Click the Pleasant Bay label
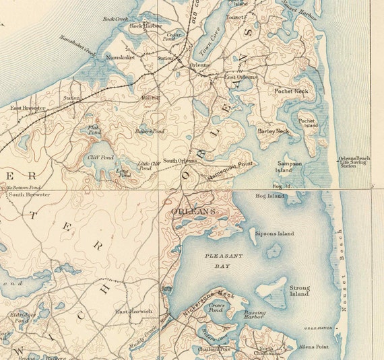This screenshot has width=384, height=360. [221, 261]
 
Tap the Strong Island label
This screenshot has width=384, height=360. [299, 291]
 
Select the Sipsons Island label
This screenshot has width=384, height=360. [274, 233]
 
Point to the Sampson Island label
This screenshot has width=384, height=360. [289, 166]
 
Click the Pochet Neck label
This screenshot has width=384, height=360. [291, 90]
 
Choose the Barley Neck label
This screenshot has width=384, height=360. [273, 131]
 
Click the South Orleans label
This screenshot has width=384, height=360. [179, 161]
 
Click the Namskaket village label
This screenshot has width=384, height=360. [121, 58]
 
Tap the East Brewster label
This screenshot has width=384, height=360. [27, 108]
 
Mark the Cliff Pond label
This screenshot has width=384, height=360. [100, 157]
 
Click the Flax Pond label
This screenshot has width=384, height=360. [94, 129]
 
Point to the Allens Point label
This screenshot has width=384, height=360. [313, 347]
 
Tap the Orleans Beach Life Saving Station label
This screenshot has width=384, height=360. [354, 161]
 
